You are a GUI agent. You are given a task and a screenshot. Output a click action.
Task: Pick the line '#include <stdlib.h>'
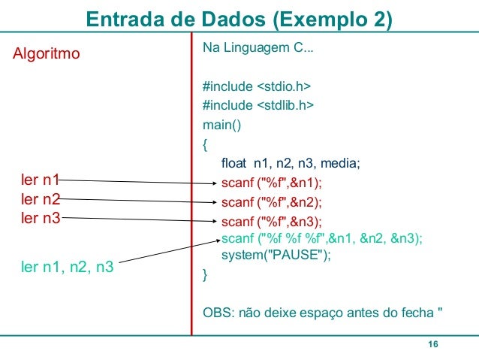pyautogui.click(x=258, y=105)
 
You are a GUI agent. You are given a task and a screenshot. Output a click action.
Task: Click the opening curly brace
pyautogui.click(x=206, y=144)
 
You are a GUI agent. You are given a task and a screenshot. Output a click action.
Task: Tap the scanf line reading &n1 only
pyautogui.click(x=276, y=183)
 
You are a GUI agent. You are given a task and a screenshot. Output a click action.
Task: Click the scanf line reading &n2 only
pyautogui.click(x=276, y=202)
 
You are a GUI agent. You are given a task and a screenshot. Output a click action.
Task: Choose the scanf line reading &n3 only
pyautogui.click(x=276, y=222)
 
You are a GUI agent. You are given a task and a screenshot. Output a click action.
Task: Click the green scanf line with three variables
pyautogui.click(x=322, y=239)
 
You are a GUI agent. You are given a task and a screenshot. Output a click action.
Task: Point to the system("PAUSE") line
pyautogui.click(x=276, y=256)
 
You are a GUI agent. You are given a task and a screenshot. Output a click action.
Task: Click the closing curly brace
pyautogui.click(x=206, y=275)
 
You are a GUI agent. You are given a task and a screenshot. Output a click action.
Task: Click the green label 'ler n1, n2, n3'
pyautogui.click(x=67, y=265)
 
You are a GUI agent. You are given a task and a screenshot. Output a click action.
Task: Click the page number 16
pyautogui.click(x=432, y=344)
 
